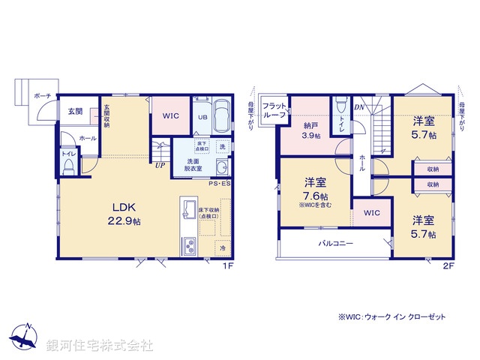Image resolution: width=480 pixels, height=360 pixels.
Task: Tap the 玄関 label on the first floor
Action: pos(76,112)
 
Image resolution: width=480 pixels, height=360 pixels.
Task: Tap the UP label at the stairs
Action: pos(160,166)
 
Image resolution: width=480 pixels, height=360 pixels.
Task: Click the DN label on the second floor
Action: pos(359,106)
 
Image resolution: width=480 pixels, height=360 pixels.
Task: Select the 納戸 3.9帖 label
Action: pos(311,130)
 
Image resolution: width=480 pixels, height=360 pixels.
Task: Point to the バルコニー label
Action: pos(335,244)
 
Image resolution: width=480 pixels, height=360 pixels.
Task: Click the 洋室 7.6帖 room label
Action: pos(315,188)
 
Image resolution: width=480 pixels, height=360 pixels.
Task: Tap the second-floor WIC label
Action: pos(372,213)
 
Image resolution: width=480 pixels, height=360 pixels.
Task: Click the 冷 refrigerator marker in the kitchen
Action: pos(223,248)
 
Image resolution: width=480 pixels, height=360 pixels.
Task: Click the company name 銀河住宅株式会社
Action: pos(99,346)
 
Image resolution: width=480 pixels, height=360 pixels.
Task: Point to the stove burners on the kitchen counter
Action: pos(188,244)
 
